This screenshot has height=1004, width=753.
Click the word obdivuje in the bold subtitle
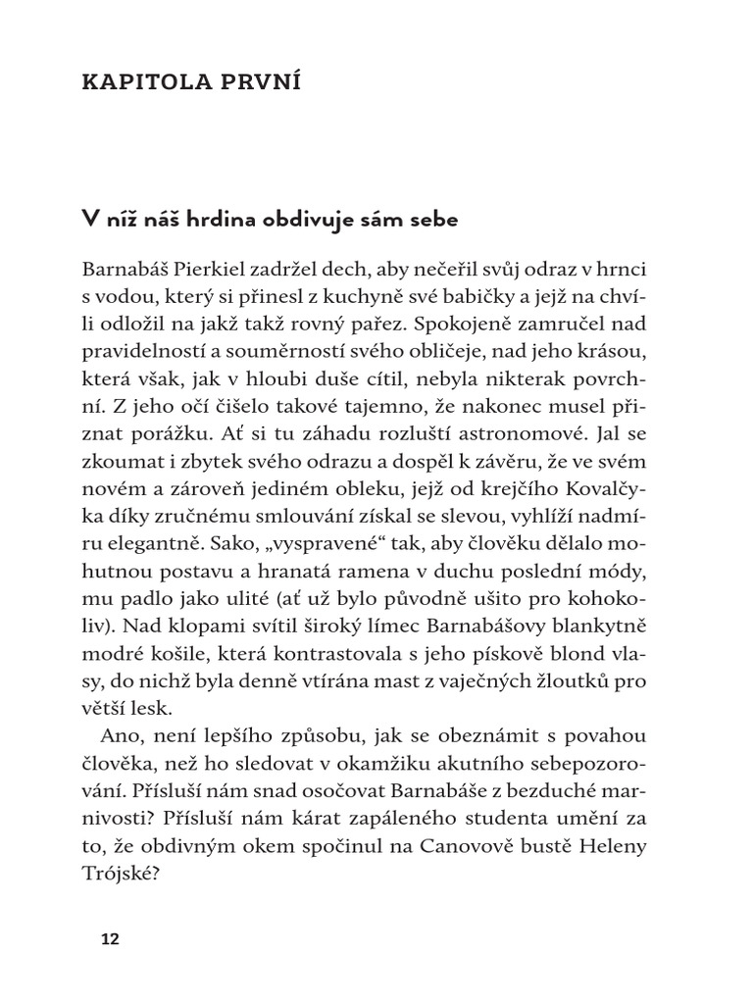click(284, 221)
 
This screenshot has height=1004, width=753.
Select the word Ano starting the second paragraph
click(120, 734)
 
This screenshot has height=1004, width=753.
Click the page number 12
click(109, 939)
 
